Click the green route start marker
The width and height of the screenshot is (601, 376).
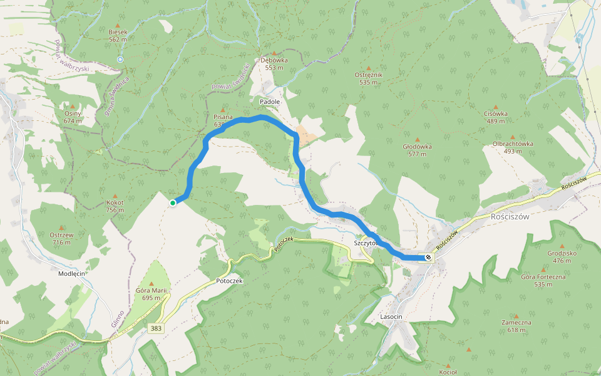(x=173, y=202)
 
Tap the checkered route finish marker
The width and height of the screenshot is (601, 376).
(x=429, y=257)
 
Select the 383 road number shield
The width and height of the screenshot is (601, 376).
(x=157, y=328)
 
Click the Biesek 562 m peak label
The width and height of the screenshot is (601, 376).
(x=118, y=35)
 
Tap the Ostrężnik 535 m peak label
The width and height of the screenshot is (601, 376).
(x=368, y=78)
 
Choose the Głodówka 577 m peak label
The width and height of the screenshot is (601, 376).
(x=418, y=150)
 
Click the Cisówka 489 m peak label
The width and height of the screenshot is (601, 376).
(x=496, y=117)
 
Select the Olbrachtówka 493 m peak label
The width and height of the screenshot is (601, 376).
(x=513, y=147)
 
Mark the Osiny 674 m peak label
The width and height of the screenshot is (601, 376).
(x=73, y=117)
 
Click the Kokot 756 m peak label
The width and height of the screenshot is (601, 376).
(x=115, y=206)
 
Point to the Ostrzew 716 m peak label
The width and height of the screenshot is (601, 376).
(x=61, y=238)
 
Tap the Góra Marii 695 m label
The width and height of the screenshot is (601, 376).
(x=153, y=293)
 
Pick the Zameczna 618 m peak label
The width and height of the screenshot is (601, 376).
(x=516, y=326)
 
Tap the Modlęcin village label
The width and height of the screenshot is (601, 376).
(x=71, y=274)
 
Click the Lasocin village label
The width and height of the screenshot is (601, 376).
(x=391, y=317)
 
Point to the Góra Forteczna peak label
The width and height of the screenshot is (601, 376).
(x=543, y=280)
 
